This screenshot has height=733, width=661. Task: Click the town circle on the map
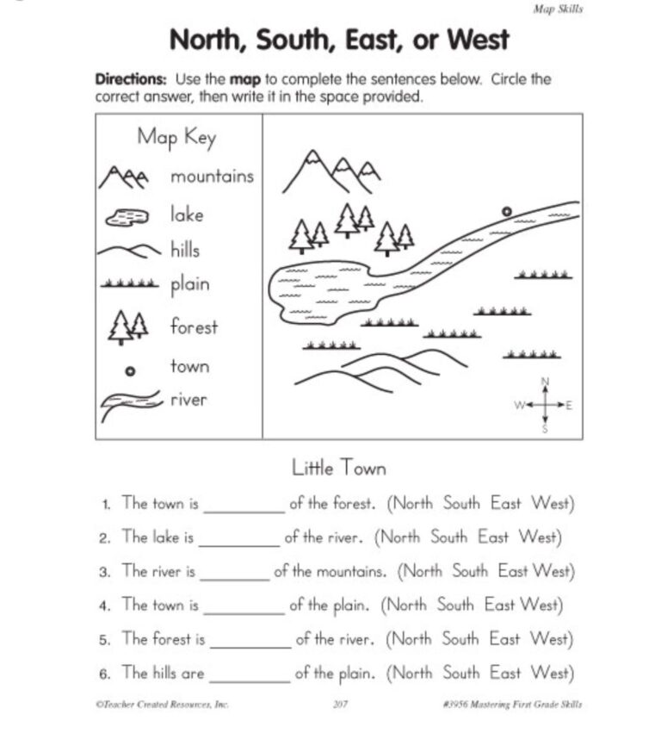pyautogui.click(x=506, y=211)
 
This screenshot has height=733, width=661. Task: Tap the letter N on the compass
pyautogui.click(x=544, y=382)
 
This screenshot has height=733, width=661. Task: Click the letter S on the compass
pyautogui.click(x=544, y=428)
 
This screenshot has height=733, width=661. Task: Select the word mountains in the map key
pyautogui.click(x=212, y=177)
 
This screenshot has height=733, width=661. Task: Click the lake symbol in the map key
pyautogui.click(x=127, y=217)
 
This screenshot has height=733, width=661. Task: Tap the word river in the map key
pyautogui.click(x=188, y=400)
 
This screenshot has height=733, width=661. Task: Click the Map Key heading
pyautogui.click(x=176, y=138)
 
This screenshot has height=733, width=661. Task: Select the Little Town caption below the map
pyautogui.click(x=339, y=468)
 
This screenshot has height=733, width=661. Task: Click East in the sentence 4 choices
pyautogui.click(x=499, y=605)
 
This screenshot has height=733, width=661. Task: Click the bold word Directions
pyautogui.click(x=129, y=79)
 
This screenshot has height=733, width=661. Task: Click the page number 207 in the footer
pyautogui.click(x=338, y=705)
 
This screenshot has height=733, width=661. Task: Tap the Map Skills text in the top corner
pyautogui.click(x=559, y=9)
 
